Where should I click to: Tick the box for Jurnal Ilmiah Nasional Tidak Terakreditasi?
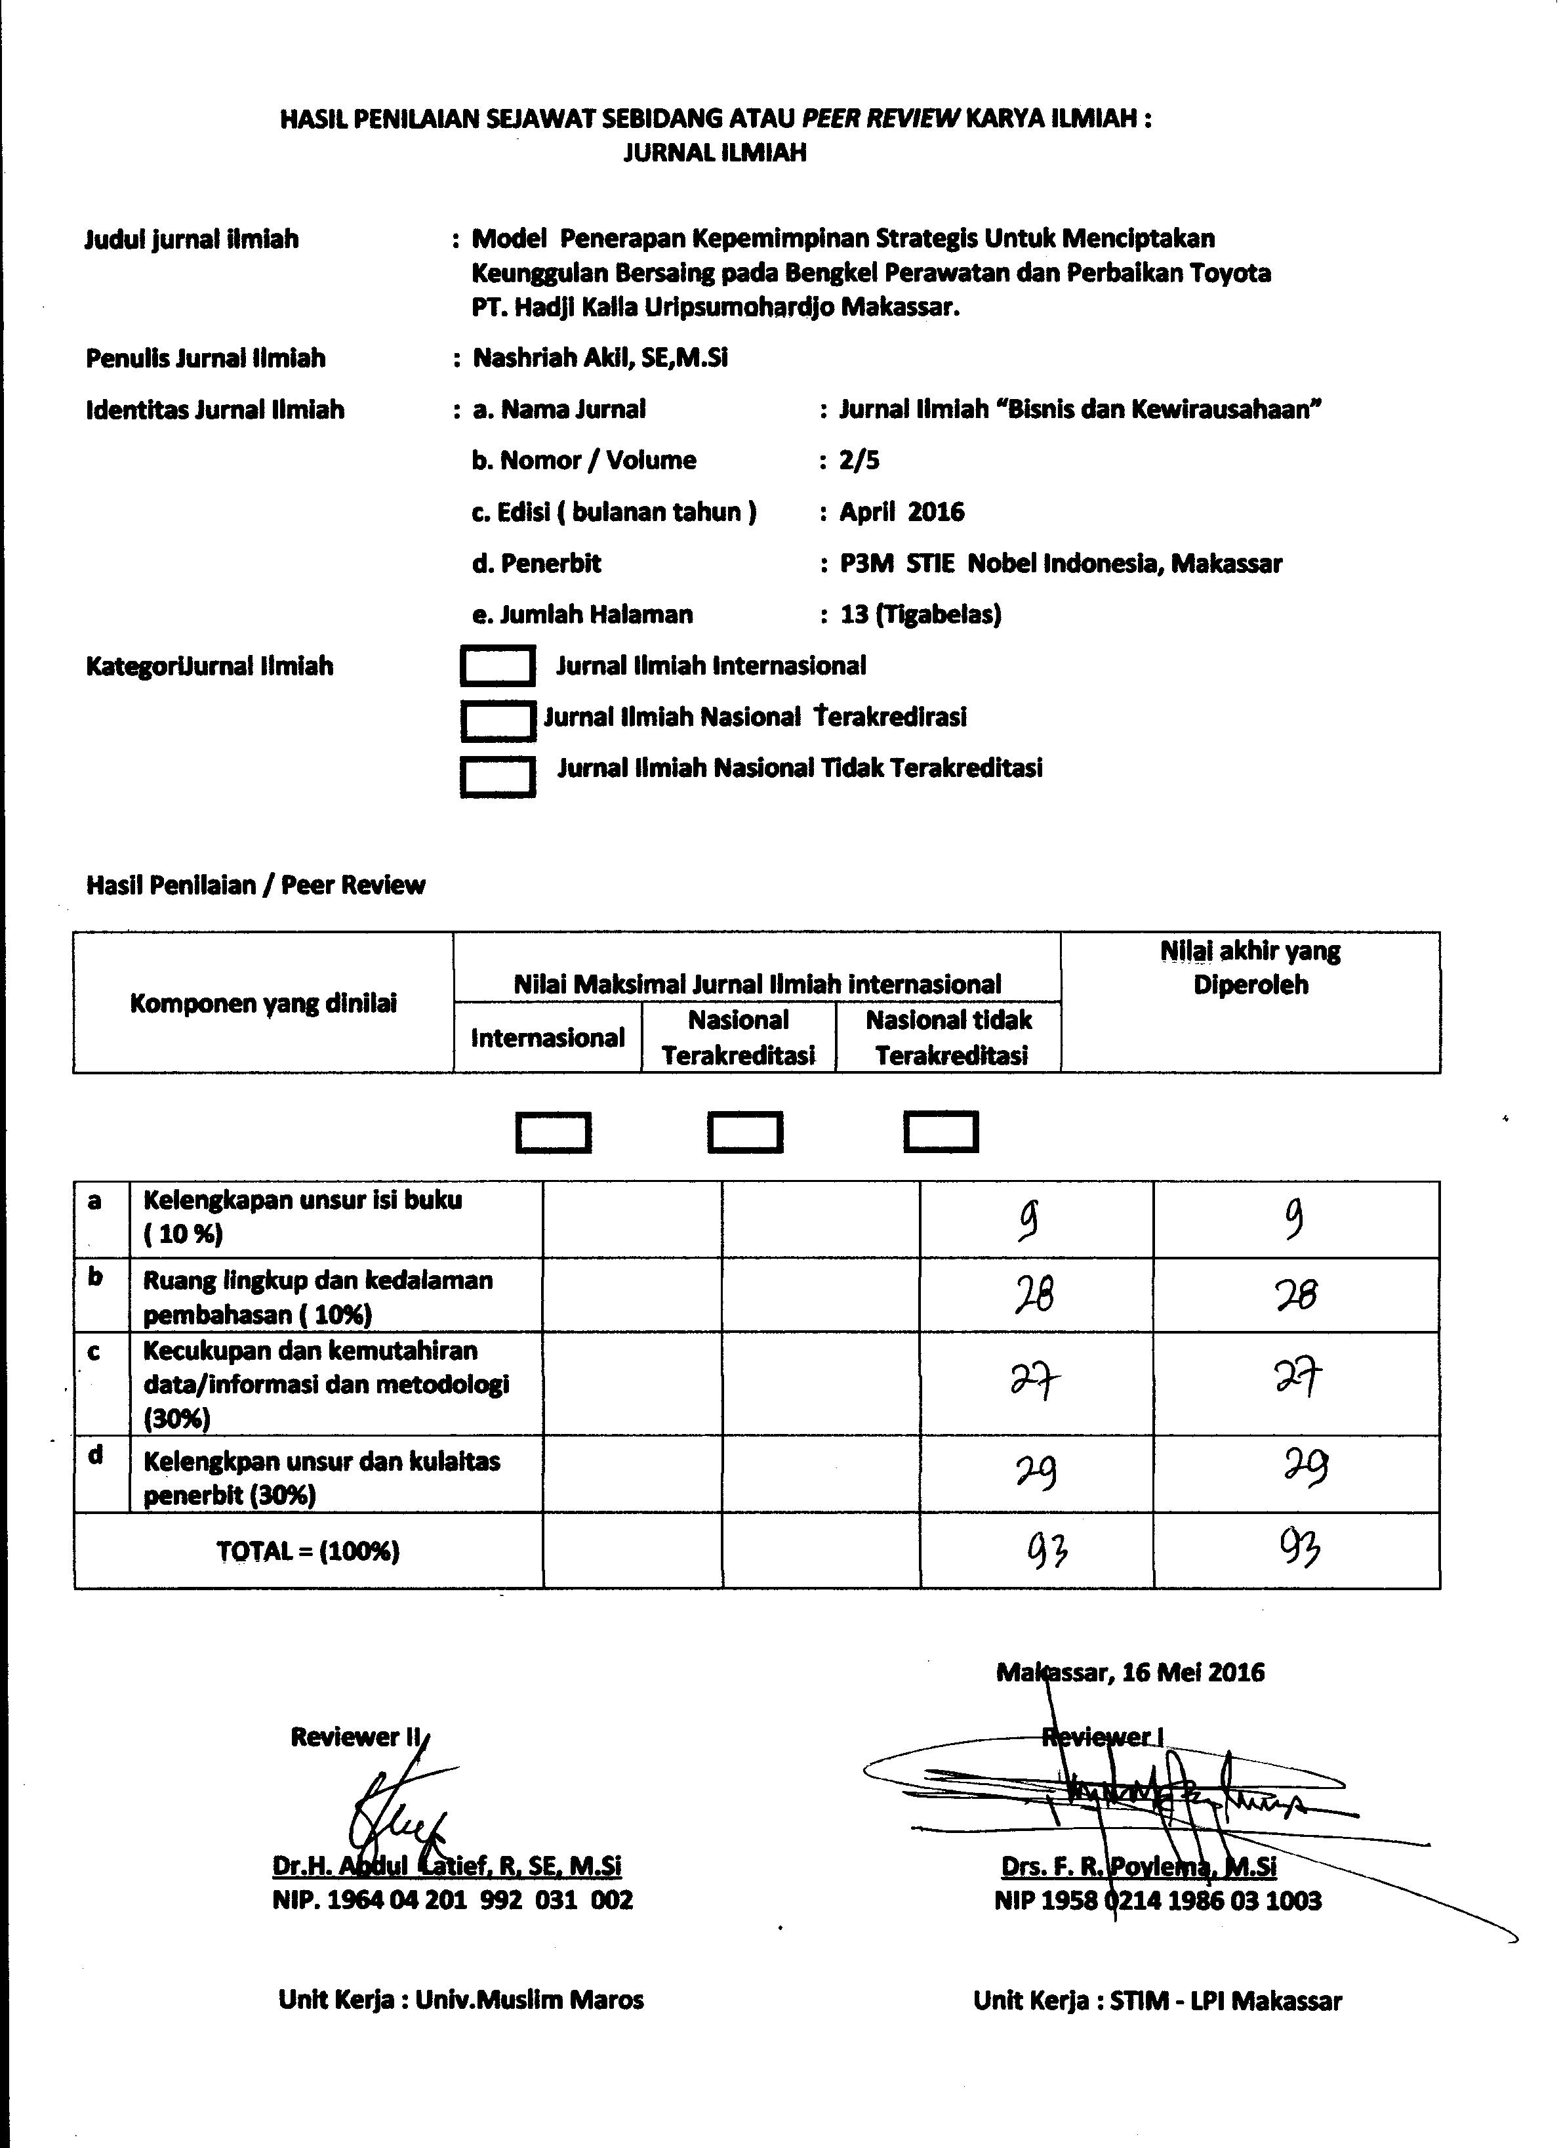[498, 776]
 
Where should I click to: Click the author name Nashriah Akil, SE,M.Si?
[600, 359]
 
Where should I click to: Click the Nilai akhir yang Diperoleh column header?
[1251, 968]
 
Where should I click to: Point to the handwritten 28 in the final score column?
[1295, 1295]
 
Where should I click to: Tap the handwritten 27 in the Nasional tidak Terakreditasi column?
[1034, 1383]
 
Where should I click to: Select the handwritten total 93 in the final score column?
[1301, 1549]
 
